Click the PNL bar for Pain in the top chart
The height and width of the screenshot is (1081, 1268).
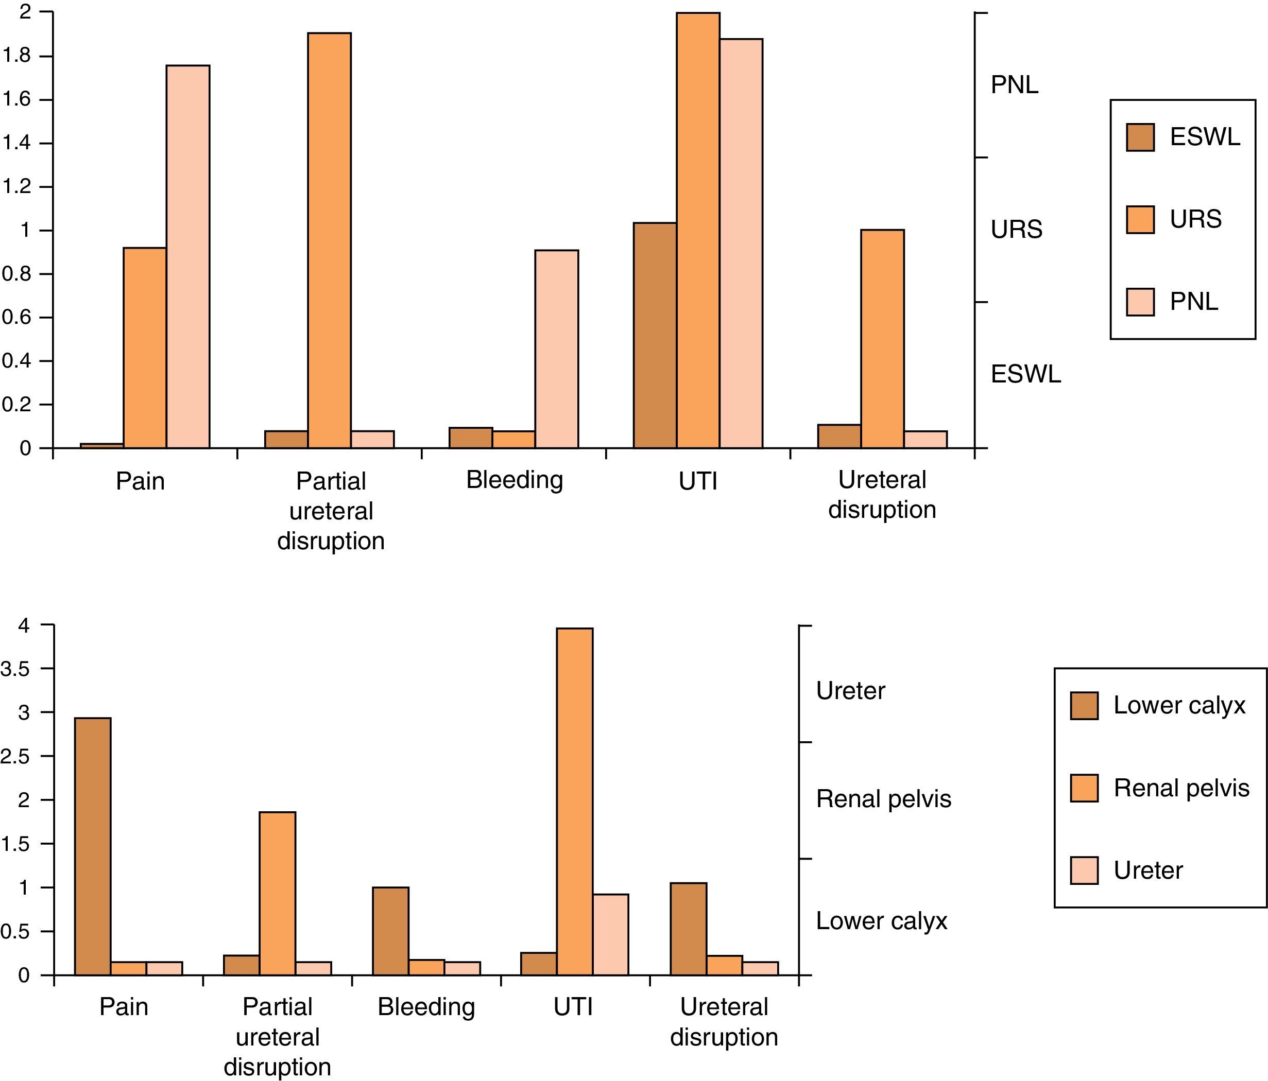coord(188,257)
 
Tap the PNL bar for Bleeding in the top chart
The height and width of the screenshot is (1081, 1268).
coord(556,348)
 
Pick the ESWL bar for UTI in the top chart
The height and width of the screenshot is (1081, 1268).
coord(655,335)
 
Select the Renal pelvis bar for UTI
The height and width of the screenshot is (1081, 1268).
coord(574,801)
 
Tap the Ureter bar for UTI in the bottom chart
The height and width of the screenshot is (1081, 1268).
coord(610,934)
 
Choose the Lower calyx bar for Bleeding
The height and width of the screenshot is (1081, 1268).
coord(390,931)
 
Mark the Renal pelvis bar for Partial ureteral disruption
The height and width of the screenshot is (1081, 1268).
coord(277,893)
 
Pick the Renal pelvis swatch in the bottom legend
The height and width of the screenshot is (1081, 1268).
coord(1084,788)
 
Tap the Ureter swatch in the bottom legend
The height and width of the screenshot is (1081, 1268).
coord(1084,870)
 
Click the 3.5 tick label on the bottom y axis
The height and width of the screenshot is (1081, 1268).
coord(15,669)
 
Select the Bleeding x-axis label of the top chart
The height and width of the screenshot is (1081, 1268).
coord(514,480)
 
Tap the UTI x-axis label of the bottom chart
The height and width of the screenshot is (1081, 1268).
coord(573,1007)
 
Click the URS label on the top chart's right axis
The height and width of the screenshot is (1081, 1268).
coord(1016,230)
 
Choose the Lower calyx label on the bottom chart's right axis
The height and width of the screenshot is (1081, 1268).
coord(881,921)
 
